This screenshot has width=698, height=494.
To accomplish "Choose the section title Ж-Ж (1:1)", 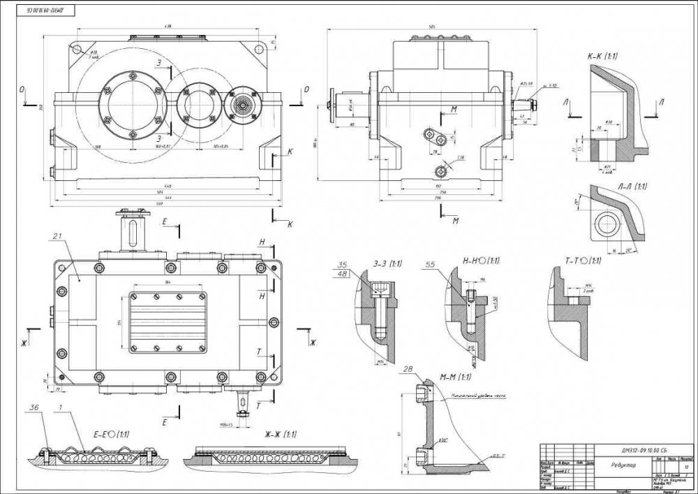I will (280, 434).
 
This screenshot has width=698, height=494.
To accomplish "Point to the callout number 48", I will (342, 275).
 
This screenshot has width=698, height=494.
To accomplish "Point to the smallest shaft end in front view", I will (243, 106).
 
